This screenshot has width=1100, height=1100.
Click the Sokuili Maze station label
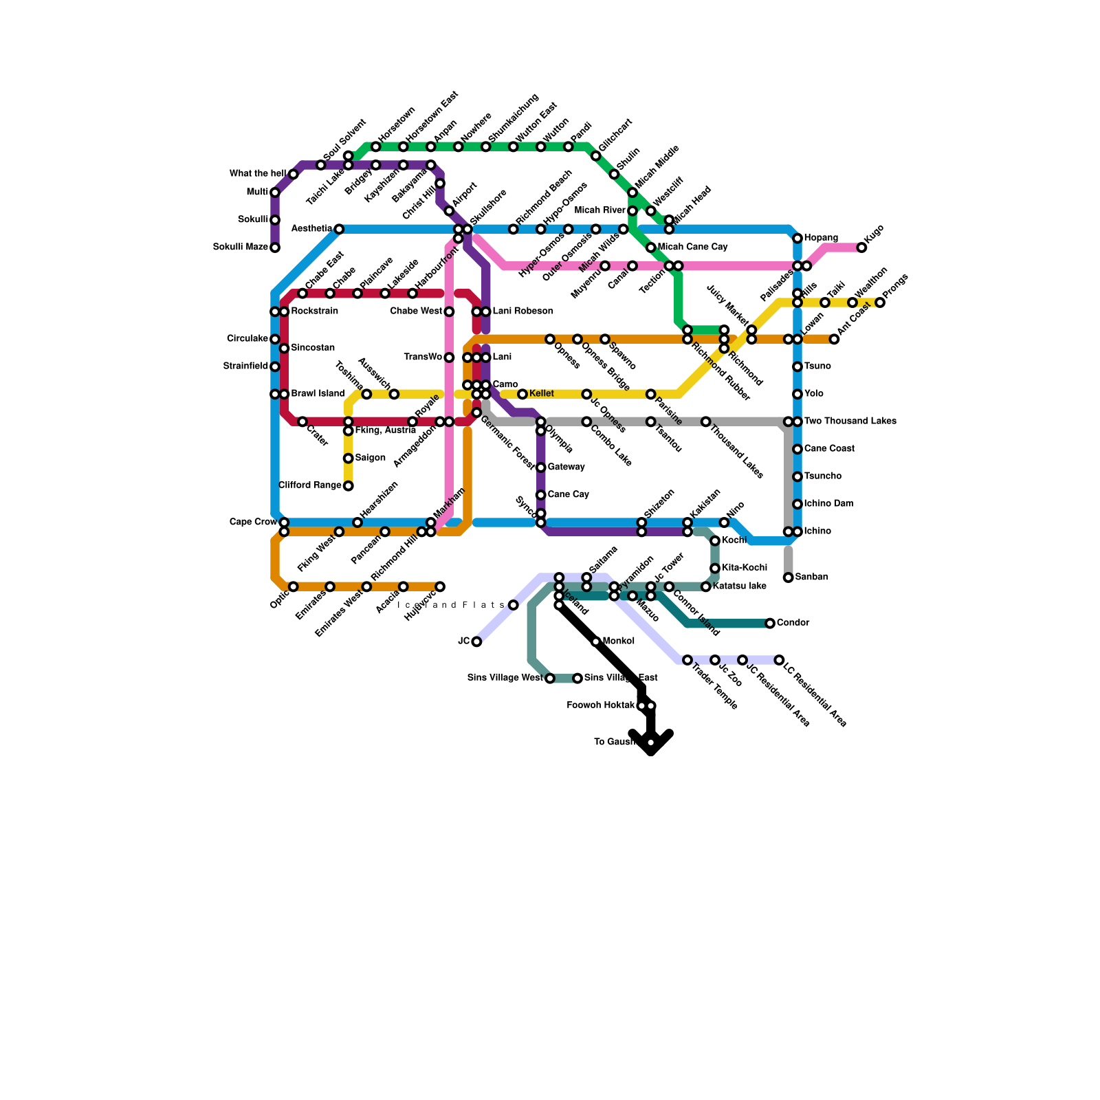[x=240, y=247]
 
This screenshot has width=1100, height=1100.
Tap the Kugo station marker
[x=861, y=247]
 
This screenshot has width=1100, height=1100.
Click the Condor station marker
[x=770, y=624]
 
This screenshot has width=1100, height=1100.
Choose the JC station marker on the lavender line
[x=476, y=641]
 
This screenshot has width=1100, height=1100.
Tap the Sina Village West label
[x=505, y=679]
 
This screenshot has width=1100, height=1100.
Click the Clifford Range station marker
[x=349, y=486]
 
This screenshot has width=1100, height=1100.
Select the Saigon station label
[x=370, y=458]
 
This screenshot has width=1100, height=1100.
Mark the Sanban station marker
[x=789, y=577]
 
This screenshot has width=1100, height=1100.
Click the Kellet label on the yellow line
[x=542, y=394]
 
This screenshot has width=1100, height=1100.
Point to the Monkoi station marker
[x=596, y=641]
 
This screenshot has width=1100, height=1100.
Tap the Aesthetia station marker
[x=339, y=229]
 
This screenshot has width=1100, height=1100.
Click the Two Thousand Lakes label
[x=850, y=421]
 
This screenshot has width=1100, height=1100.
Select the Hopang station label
[x=821, y=238]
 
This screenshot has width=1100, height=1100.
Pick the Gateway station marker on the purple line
[x=541, y=467]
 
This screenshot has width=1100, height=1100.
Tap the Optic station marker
[x=294, y=586]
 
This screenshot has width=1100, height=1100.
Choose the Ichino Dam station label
[x=828, y=504]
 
